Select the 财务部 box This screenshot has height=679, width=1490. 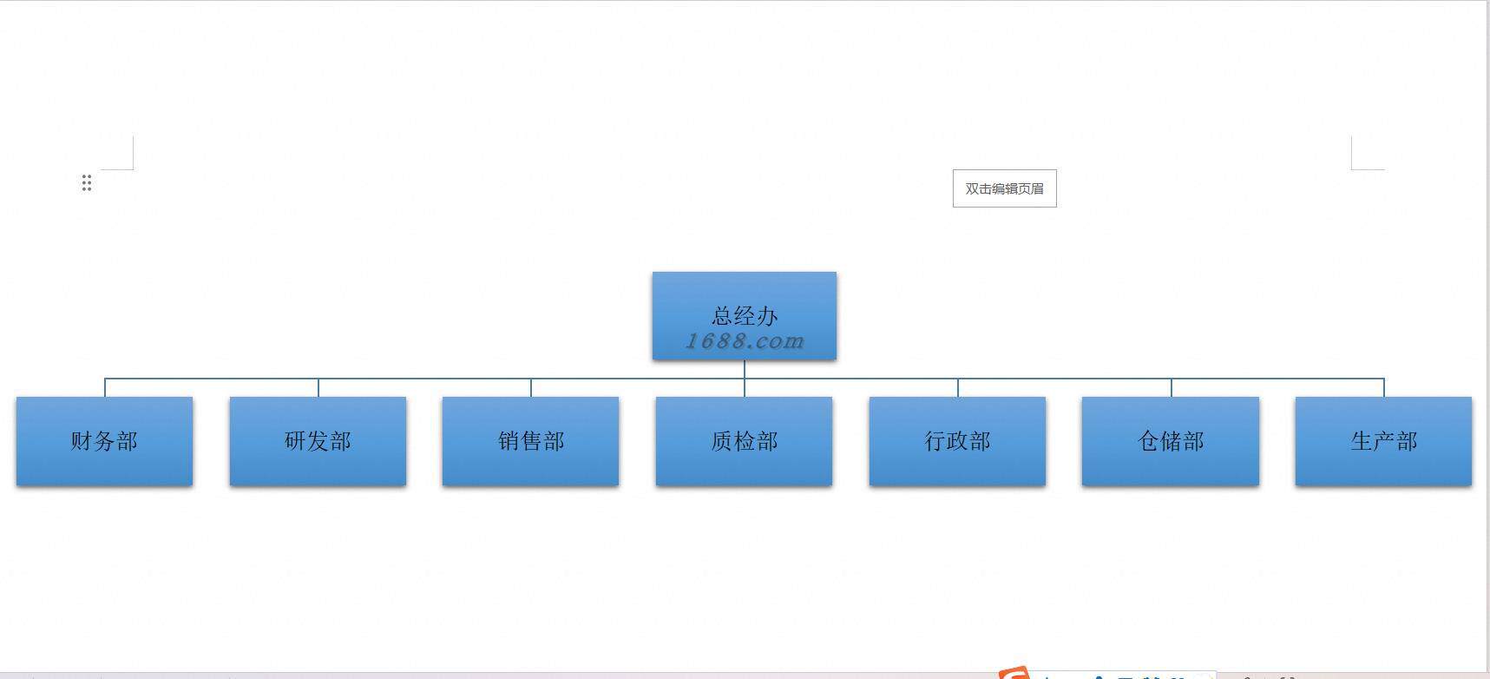point(104,441)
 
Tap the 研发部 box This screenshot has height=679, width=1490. point(318,441)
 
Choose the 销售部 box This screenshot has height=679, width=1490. point(530,441)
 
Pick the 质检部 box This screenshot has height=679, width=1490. point(744,441)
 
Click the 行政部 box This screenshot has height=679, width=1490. point(957,441)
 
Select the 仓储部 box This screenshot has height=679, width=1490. point(1170,441)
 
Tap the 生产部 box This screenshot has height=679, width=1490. point(1383,441)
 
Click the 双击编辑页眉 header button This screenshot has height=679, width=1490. point(1004,188)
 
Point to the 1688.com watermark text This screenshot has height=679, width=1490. point(745,341)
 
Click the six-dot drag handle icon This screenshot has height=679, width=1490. point(86,182)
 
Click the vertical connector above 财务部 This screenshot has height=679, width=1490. point(105,387)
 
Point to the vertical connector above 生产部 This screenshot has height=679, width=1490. point(1384,387)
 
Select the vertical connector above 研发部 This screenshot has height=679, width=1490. point(318,387)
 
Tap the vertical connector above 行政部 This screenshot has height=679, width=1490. point(958,387)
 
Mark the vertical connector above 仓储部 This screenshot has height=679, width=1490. point(1172,387)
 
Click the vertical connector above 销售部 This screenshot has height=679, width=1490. point(531,387)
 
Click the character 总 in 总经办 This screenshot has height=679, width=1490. point(722,315)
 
